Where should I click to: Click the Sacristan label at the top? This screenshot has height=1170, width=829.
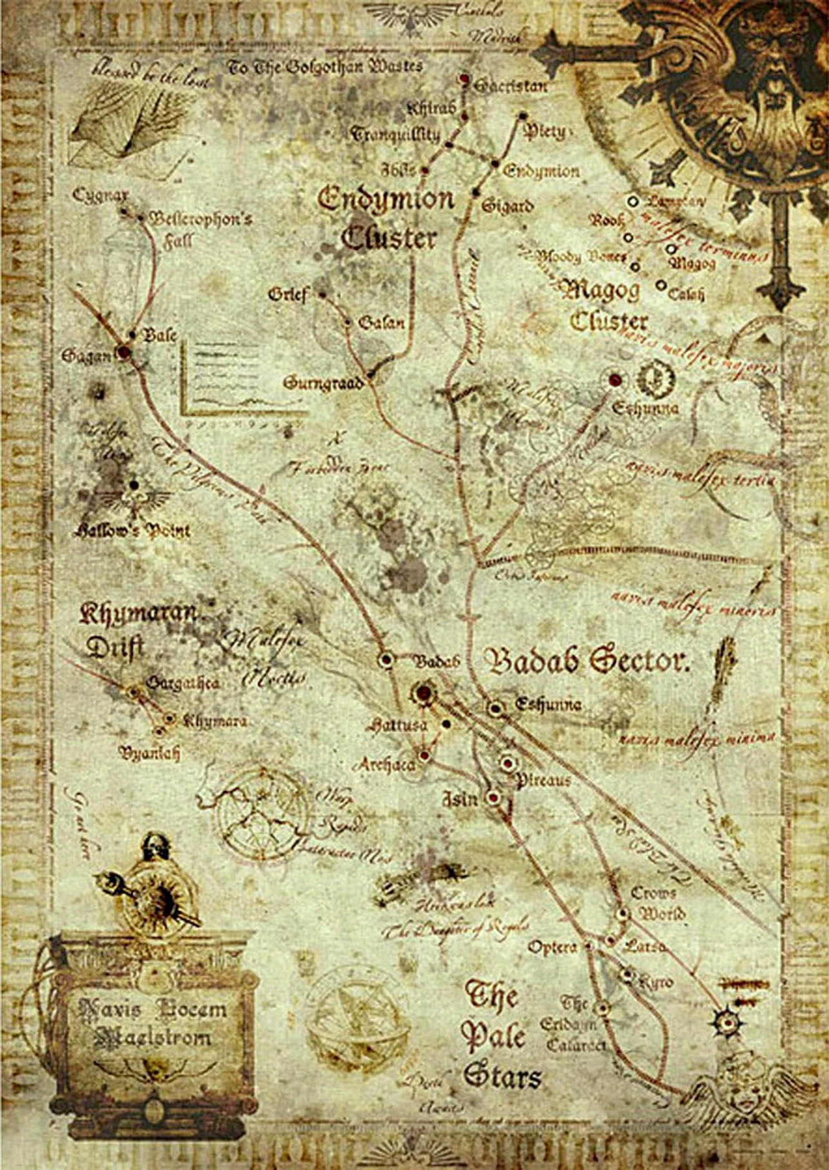pos(510,85)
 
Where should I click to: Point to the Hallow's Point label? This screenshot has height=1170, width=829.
pos(132,531)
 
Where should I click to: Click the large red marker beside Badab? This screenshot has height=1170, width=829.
pos(424,693)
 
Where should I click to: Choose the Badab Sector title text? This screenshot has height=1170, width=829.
pos(587,661)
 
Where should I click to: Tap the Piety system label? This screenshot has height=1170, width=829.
pos(544,132)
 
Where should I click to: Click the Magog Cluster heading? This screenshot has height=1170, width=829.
pos(604,306)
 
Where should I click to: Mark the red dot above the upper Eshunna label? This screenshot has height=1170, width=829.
pos(616,379)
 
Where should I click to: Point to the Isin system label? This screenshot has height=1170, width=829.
pos(460,799)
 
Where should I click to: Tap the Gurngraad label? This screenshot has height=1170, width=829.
pos(323,383)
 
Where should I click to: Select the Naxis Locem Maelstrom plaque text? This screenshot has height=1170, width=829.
pos(153,1023)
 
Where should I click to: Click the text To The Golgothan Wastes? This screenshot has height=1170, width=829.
pos(325,66)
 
